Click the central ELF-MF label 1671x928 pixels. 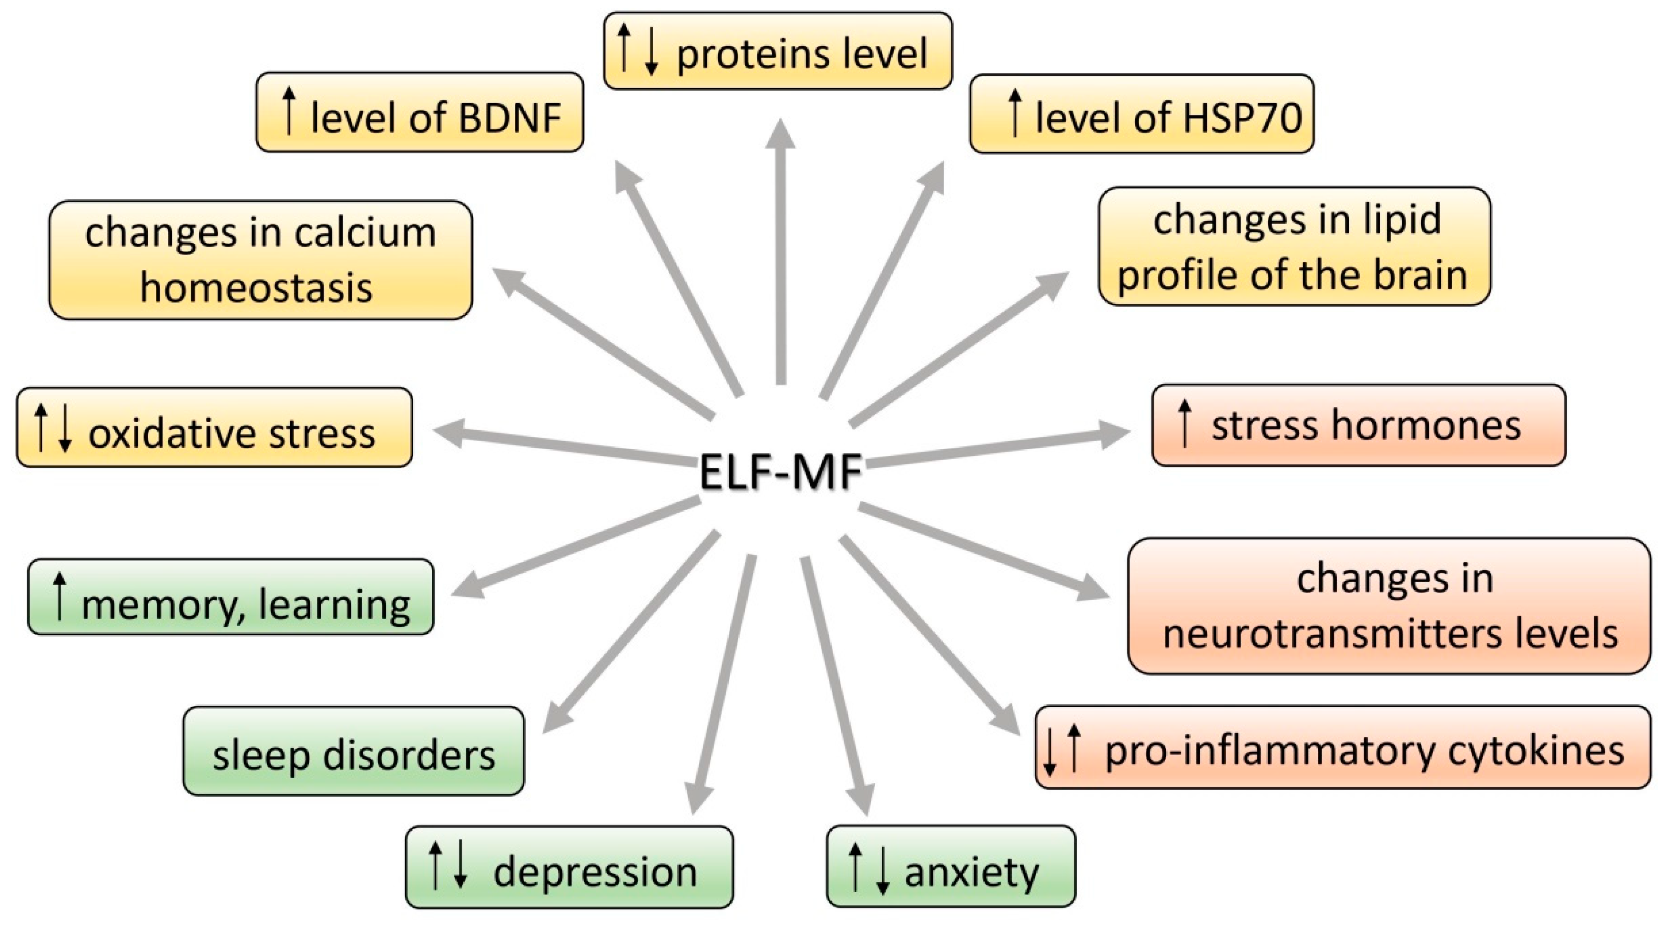pyautogui.click(x=780, y=472)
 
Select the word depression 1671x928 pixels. pyautogui.click(x=595, y=871)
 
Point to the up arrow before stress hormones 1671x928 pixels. pyautogui.click(x=1184, y=423)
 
